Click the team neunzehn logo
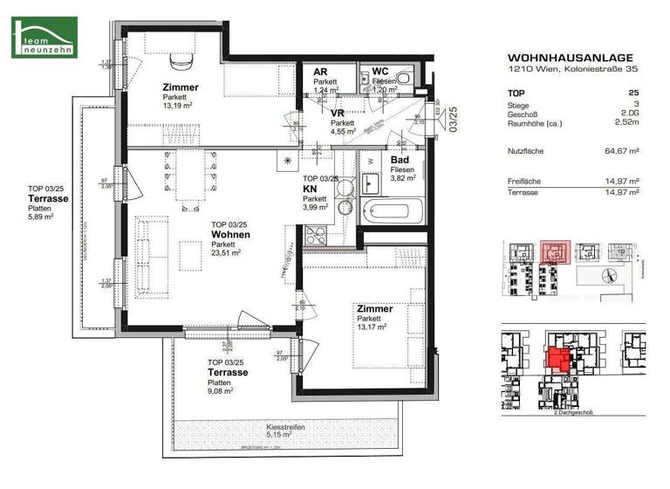(44, 37)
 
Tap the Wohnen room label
(230, 235)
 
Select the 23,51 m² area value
(226, 254)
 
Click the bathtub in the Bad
(393, 211)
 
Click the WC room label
(380, 72)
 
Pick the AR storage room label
(320, 72)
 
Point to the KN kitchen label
(310, 188)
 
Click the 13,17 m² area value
(373, 329)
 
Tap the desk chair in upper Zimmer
(181, 60)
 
